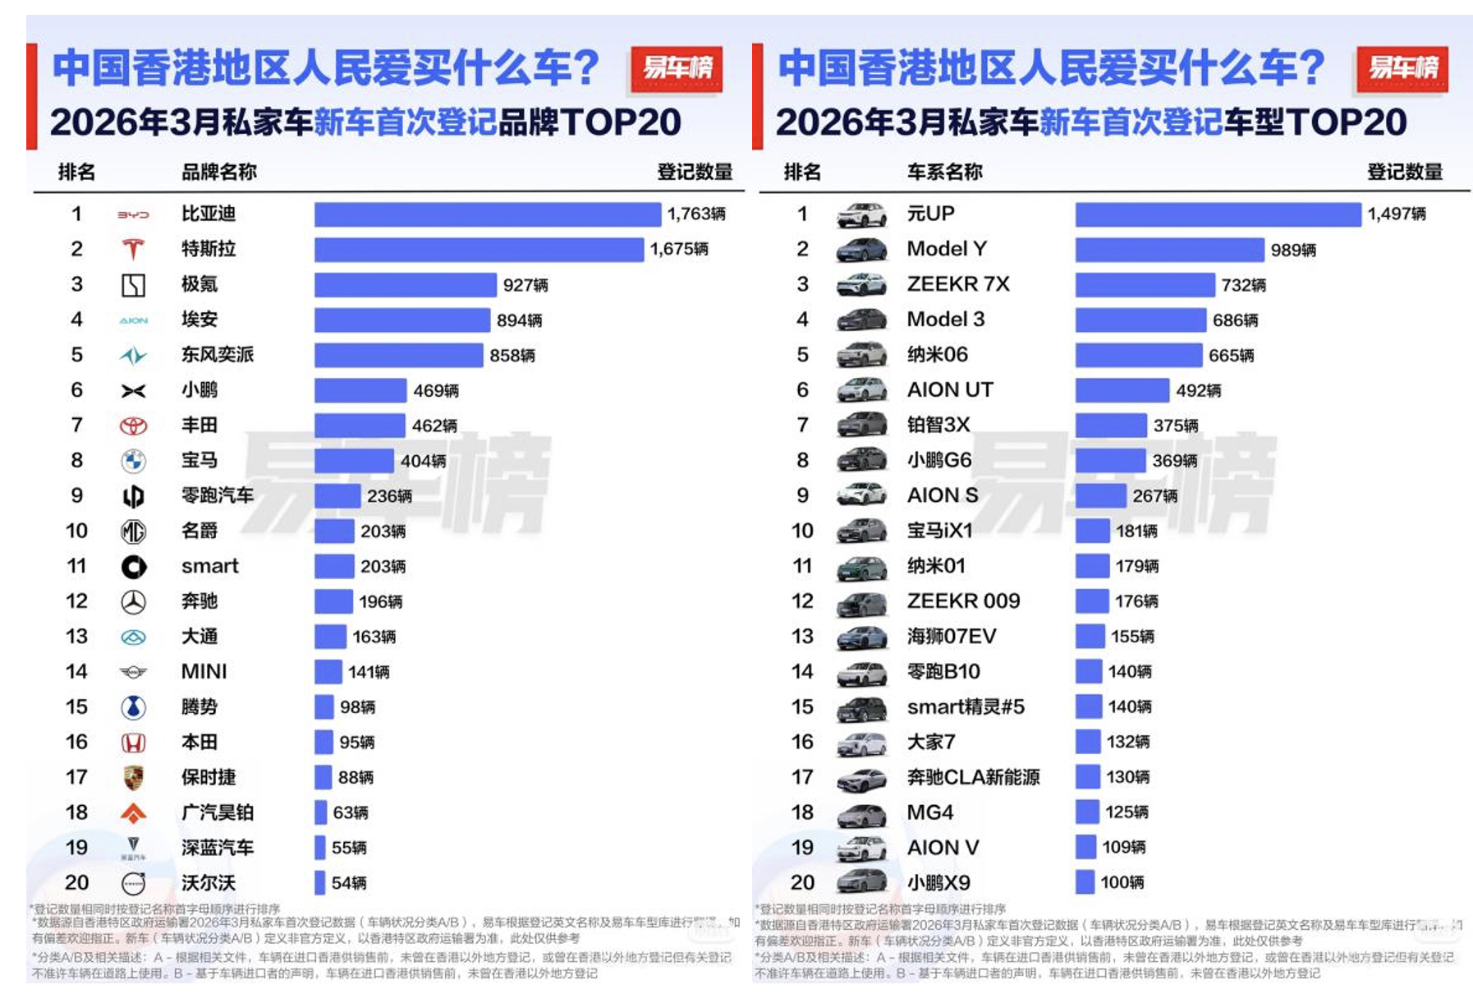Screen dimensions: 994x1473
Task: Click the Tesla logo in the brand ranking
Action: point(133,249)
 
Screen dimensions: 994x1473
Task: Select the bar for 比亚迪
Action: point(487,214)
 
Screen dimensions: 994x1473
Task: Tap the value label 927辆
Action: point(525,285)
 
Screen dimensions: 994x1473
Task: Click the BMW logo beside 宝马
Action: point(133,461)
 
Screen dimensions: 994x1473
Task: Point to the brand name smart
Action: point(209,566)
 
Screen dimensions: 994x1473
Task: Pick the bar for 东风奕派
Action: point(398,355)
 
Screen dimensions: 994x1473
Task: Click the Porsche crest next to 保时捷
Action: point(133,777)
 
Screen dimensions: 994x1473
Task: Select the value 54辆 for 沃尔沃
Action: point(349,883)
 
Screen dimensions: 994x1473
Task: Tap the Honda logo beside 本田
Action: point(133,743)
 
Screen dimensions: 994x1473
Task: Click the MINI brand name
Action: point(204,672)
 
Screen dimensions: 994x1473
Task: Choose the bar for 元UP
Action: point(1218,214)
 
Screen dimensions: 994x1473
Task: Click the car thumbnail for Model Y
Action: point(861,250)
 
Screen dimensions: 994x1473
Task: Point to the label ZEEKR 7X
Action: point(958,284)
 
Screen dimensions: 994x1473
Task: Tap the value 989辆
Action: point(1293,250)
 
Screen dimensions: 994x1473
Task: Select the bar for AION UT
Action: point(1122,390)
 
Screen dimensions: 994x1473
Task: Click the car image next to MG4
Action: point(861,813)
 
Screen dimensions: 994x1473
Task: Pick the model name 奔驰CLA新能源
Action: point(973,777)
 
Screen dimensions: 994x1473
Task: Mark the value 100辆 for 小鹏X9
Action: point(1122,882)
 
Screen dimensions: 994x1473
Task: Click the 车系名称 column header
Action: point(944,172)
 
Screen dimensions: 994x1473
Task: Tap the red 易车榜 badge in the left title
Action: point(677,68)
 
